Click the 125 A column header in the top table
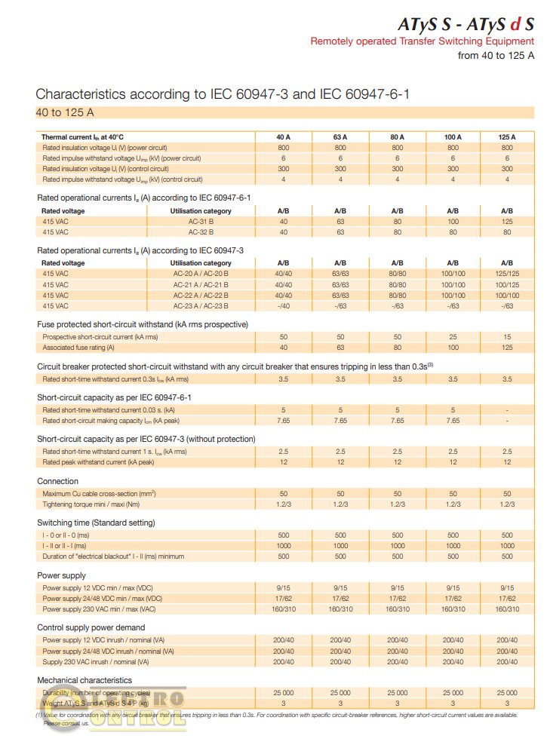coord(507,137)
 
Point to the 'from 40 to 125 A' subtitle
coord(496,55)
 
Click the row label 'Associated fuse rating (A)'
coord(78,348)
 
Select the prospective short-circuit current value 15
coord(507,337)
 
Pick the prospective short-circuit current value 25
coord(453,337)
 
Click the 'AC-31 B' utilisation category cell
coord(201,222)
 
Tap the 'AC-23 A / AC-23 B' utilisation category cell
coord(201,306)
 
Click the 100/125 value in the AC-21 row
coord(507,285)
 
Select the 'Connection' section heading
coord(57,481)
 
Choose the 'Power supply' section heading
coord(61,575)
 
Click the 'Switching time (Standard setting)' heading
coord(96,523)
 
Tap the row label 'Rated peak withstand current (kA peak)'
coord(98,462)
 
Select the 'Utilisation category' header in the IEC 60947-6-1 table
coord(201,211)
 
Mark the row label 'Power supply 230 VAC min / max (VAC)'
coord(99,608)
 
